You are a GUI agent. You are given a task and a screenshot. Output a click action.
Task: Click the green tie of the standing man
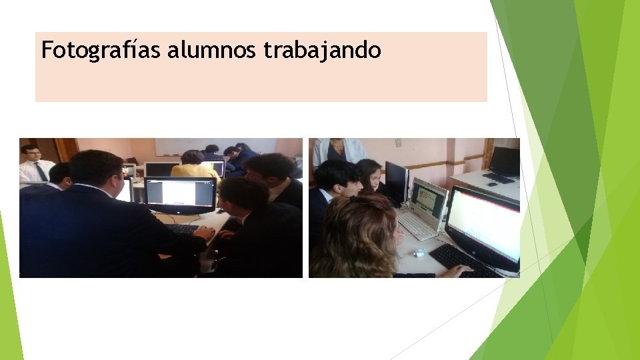pos(41,172)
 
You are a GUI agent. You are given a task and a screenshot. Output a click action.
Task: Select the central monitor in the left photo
pos(180,194)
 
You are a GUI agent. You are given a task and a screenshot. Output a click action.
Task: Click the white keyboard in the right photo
pos(416,226)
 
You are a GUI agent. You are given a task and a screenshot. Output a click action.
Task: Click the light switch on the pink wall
pos(398,143)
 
